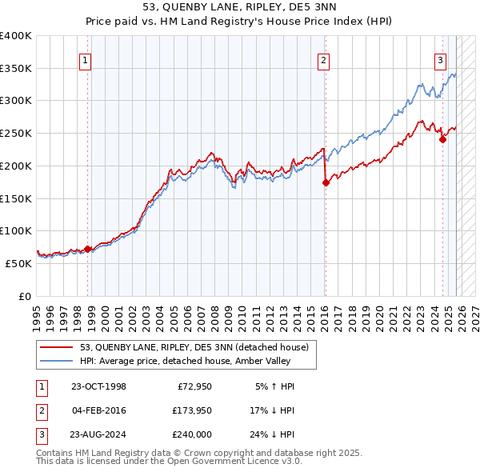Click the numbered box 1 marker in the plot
[85, 58]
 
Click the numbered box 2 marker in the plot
[323, 58]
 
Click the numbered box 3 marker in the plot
[441, 58]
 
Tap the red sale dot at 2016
[326, 182]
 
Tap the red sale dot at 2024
[442, 140]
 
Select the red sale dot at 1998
[88, 249]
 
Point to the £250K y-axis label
[16, 133]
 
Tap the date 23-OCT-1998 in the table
[98, 386]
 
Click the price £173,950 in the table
[190, 410]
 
